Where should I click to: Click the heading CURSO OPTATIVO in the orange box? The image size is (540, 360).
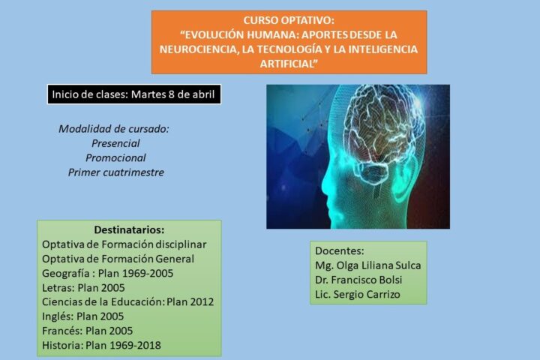tap(289, 20)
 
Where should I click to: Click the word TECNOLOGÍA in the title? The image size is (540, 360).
tap(291, 49)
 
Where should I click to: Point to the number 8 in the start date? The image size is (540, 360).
tap(172, 94)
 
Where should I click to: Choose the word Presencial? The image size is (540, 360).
tap(115, 143)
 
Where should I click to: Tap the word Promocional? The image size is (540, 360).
tap(115, 157)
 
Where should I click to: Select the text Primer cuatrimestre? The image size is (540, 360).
tap(115, 172)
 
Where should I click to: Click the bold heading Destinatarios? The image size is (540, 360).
tap(129, 229)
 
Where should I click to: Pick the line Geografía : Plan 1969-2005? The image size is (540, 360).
tap(107, 273)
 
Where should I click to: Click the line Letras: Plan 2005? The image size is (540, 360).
tap(83, 288)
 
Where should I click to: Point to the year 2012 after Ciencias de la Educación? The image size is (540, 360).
tap(202, 301)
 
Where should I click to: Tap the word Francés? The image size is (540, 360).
tap(62, 331)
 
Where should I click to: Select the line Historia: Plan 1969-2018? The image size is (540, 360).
tap(101, 345)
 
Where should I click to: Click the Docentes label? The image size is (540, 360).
tap(339, 250)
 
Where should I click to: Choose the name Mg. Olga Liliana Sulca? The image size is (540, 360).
tap(367, 265)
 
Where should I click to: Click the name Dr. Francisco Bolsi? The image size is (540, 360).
tap(358, 280)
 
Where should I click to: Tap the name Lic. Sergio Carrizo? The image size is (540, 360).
tap(358, 295)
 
